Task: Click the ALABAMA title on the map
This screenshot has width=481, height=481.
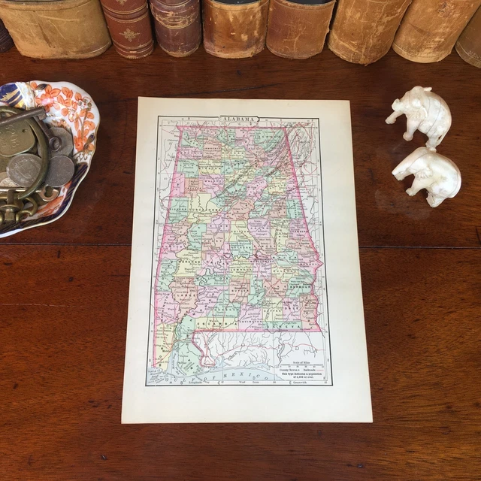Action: [x=239, y=119]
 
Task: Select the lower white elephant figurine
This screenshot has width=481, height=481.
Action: [x=428, y=174]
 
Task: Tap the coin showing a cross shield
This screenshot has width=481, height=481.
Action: [x=24, y=170]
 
